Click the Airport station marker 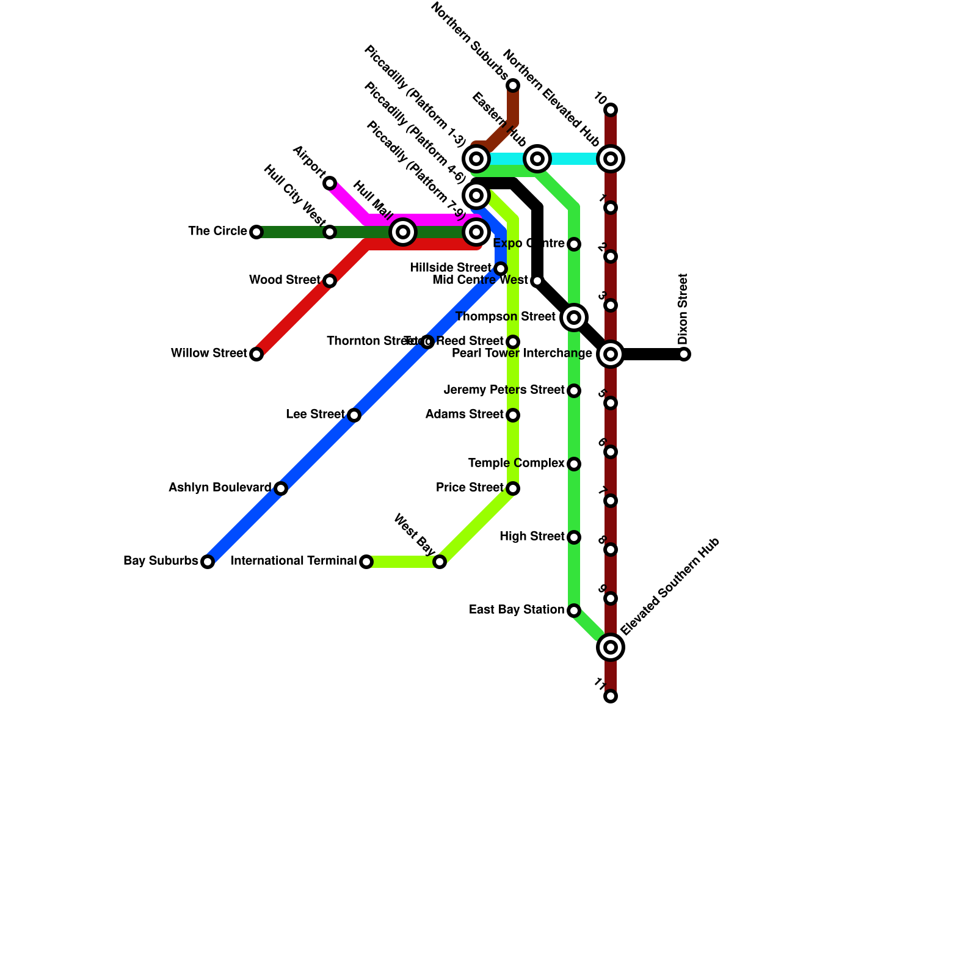(x=330, y=183)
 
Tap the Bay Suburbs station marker (x=208, y=562)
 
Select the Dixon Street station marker (x=684, y=354)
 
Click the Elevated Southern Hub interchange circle (x=611, y=647)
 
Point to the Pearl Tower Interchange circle (x=611, y=354)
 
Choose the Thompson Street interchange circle (x=574, y=318)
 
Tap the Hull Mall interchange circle (x=403, y=232)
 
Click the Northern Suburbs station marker (x=513, y=85)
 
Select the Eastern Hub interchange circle (x=537, y=159)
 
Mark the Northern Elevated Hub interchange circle (x=611, y=159)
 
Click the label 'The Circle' (x=217, y=231)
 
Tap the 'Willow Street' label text (x=209, y=354)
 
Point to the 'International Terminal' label (x=294, y=561)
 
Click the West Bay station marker (x=440, y=562)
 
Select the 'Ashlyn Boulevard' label (x=220, y=488)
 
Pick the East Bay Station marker (x=574, y=611)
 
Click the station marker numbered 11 (x=611, y=696)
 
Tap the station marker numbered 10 (x=611, y=110)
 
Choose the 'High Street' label (x=532, y=537)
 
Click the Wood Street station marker (x=330, y=281)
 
